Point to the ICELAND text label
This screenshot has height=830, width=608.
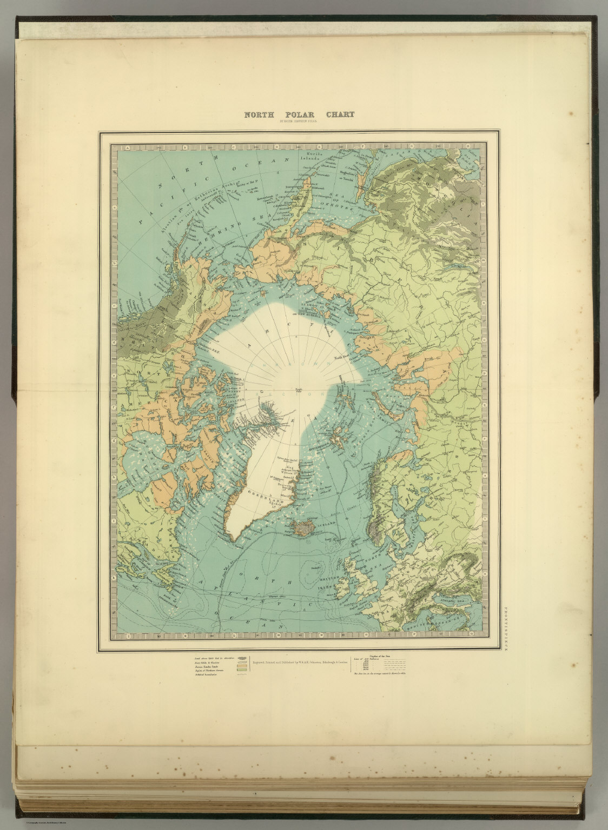[x=326, y=523]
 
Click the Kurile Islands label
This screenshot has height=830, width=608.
[x=316, y=157]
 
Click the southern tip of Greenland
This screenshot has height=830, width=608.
[x=234, y=538]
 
